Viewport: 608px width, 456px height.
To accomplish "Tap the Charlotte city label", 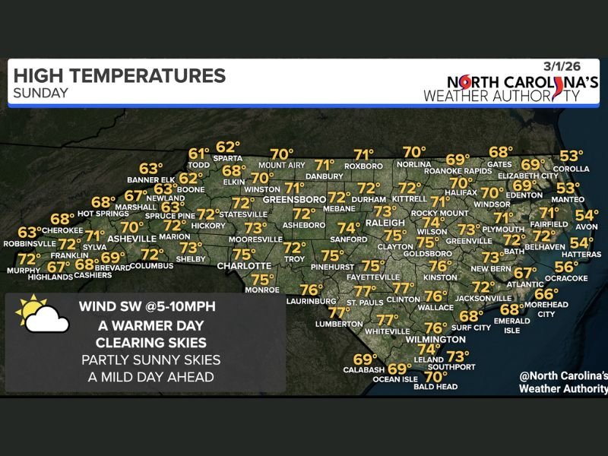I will point(244,266).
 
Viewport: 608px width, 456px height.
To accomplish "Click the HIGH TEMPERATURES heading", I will point(119,76).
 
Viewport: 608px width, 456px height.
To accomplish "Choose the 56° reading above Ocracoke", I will point(566,267).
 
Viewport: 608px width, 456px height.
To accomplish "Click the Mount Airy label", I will point(280,166).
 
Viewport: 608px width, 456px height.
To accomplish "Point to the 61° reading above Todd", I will point(198,153).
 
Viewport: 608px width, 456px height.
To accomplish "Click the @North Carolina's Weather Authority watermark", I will point(562,382).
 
